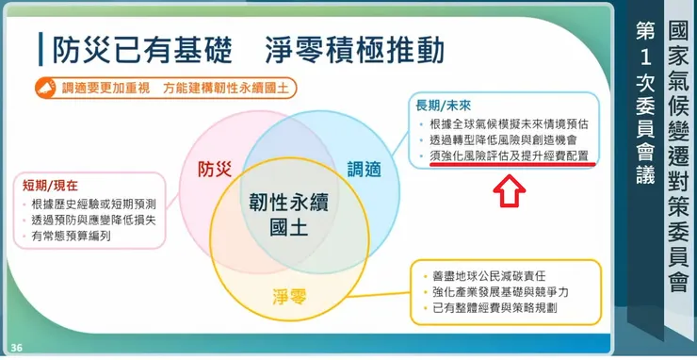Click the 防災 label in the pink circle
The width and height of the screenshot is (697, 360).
click(216, 169)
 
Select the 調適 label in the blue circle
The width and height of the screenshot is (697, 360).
click(364, 170)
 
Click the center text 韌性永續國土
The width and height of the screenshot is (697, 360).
click(288, 214)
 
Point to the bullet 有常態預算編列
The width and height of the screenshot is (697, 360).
click(71, 237)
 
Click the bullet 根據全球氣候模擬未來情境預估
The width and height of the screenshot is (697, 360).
click(507, 123)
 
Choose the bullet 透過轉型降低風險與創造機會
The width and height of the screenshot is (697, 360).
click(501, 139)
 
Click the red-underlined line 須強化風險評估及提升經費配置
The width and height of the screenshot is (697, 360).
click(507, 155)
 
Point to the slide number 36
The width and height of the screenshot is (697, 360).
click(17, 349)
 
